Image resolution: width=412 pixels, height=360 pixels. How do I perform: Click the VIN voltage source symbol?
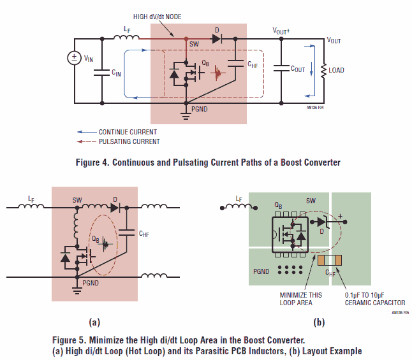click(x=75, y=58)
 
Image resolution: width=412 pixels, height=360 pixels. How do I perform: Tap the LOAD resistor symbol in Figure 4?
click(x=324, y=70)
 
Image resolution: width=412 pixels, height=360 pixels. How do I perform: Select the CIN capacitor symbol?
click(x=102, y=73)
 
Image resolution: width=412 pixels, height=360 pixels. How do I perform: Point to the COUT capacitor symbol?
click(x=281, y=68)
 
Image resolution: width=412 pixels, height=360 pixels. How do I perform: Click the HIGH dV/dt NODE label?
click(x=157, y=17)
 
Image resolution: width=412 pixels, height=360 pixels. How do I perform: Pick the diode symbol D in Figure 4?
click(x=217, y=39)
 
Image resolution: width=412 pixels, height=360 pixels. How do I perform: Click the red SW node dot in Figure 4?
click(x=186, y=39)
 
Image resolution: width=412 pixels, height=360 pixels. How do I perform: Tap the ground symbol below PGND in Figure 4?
click(x=186, y=115)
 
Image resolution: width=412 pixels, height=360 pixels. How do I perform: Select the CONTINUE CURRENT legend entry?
click(x=117, y=132)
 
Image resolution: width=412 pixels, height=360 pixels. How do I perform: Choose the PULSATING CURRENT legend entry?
click(x=118, y=141)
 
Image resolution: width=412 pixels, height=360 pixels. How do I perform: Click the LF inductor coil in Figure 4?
click(x=126, y=38)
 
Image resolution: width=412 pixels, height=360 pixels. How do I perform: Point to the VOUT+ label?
click(x=281, y=31)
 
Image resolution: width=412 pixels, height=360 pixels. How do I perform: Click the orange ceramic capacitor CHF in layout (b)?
click(x=330, y=260)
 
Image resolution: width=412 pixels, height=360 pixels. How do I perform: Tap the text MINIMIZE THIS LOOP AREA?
click(x=300, y=299)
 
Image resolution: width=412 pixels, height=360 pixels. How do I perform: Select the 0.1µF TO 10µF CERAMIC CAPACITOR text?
click(x=375, y=299)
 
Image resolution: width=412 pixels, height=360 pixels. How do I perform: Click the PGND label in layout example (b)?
click(x=261, y=271)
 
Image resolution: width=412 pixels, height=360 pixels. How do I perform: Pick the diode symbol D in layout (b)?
click(x=322, y=222)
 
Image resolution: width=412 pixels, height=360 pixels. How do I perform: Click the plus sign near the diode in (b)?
click(x=341, y=216)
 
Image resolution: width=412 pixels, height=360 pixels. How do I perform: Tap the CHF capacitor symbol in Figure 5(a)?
click(x=127, y=232)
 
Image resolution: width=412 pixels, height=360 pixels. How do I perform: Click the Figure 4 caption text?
click(x=208, y=162)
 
